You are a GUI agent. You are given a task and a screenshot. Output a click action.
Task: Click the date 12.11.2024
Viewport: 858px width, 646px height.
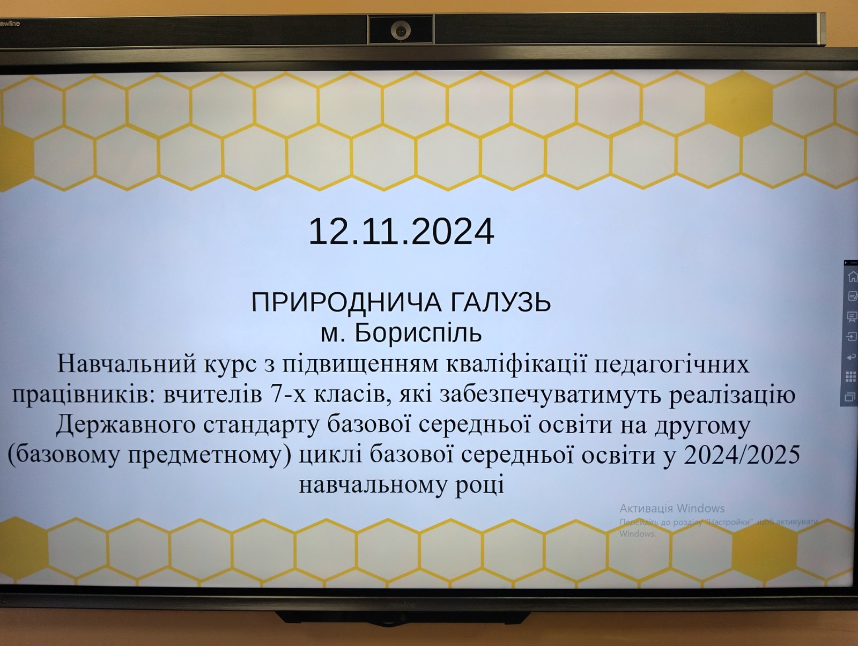coord(402,232)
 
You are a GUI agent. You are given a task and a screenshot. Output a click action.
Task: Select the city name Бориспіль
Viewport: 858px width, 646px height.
coord(418,333)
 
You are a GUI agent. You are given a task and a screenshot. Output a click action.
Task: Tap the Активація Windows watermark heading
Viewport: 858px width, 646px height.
coord(672,508)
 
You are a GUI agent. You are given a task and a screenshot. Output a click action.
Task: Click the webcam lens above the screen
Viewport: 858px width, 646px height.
coord(400,29)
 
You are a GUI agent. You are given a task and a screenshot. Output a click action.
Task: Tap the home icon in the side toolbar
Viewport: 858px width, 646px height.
coord(852,277)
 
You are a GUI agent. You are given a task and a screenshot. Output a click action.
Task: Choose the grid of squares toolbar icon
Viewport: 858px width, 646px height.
coord(850,377)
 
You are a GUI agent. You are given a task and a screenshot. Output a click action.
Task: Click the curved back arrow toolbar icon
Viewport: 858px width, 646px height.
coord(851,357)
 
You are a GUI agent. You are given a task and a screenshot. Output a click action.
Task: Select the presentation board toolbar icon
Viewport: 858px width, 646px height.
coord(852,316)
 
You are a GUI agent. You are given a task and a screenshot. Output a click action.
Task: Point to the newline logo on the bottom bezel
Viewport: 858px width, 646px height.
coord(402,605)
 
